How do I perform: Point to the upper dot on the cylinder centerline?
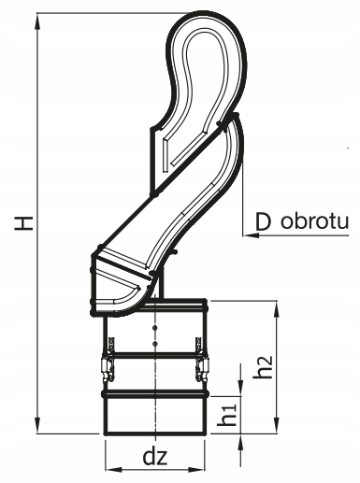(154, 329)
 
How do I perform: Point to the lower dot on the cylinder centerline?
(154, 344)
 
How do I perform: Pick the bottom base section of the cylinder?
(154, 416)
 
